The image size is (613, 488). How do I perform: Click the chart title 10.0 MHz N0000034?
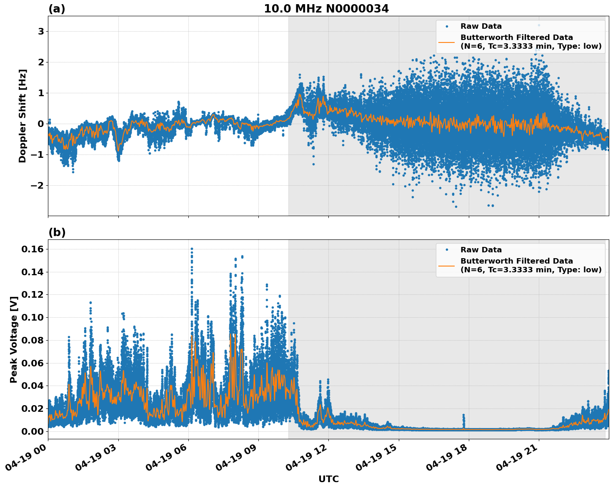(x=326, y=9)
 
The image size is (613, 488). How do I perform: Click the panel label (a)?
(x=57, y=9)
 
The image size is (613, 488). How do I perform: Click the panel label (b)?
(x=57, y=232)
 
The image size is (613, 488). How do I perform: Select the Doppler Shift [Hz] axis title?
(x=23, y=116)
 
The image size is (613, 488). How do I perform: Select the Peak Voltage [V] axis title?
(x=14, y=339)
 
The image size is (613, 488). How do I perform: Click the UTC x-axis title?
(x=328, y=479)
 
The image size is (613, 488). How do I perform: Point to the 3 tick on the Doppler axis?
(x=41, y=32)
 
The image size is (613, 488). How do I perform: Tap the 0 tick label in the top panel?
(x=41, y=124)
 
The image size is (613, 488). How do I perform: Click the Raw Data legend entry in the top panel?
(x=481, y=26)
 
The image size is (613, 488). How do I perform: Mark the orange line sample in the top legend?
(x=446, y=42)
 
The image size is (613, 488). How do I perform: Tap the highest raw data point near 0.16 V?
(x=192, y=249)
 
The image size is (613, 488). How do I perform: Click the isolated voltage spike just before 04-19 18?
(x=463, y=416)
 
